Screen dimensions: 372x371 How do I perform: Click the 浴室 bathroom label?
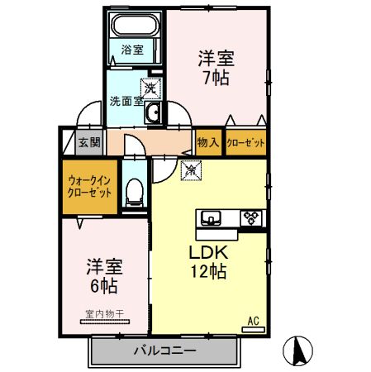pos(132,50)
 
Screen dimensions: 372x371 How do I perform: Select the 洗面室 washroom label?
pos(126,103)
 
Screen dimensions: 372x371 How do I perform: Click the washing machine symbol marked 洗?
pos(150,86)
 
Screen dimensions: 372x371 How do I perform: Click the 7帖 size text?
pos(216,79)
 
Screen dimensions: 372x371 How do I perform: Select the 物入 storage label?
pos(208,142)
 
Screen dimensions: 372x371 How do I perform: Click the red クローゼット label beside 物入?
pos(245,142)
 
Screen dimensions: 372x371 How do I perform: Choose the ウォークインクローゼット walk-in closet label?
pos(89,186)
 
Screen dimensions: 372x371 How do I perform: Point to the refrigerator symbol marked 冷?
pos(189,170)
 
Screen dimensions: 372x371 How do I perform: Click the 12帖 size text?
pos(209,271)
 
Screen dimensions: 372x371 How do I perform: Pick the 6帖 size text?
pos(103,287)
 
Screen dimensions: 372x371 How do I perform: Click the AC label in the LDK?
pos(254,320)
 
